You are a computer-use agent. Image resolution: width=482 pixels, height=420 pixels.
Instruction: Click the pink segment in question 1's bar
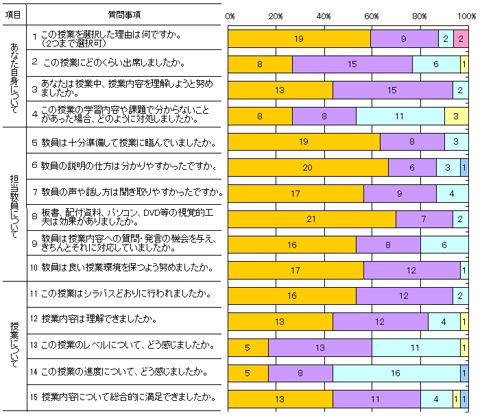[461, 39]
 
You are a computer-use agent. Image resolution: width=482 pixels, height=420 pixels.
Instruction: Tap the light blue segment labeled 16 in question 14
[396, 373]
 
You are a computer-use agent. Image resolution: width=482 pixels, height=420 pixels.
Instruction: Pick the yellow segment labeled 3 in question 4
[456, 116]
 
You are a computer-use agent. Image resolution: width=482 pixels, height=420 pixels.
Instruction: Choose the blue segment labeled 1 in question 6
[464, 167]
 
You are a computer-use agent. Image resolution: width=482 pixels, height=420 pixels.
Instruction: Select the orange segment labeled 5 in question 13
[248, 348]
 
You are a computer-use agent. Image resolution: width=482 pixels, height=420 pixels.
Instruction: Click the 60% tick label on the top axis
[372, 16]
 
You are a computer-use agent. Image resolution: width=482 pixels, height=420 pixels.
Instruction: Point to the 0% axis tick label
[230, 16]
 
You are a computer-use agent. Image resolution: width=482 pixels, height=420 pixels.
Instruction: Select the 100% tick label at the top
[466, 16]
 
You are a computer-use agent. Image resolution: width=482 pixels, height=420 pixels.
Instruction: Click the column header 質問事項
[125, 14]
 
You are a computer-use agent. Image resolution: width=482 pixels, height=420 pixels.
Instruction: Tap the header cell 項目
[13, 14]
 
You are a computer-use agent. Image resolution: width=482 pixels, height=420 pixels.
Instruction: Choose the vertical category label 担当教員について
[14, 202]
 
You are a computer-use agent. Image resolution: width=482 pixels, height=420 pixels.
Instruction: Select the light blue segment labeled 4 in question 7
[452, 193]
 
